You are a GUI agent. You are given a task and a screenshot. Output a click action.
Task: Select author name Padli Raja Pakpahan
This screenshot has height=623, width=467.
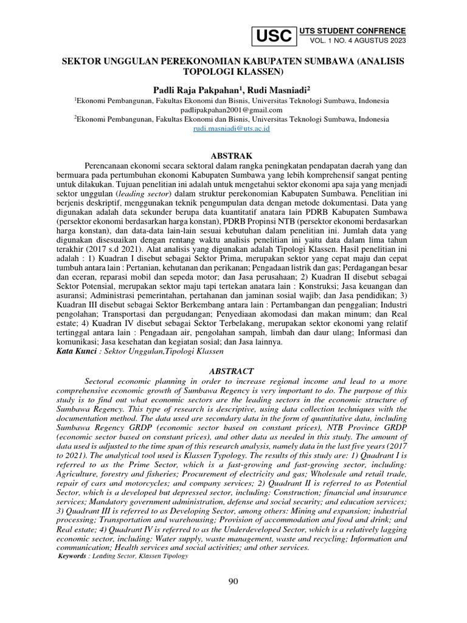pyautogui.click(x=190, y=89)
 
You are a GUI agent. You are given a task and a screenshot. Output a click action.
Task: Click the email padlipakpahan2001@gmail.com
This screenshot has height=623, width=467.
pyautogui.click(x=232, y=110)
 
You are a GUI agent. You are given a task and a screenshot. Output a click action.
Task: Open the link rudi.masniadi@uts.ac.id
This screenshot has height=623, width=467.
pyautogui.click(x=232, y=129)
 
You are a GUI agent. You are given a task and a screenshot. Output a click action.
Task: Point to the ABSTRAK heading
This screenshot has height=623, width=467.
pyautogui.click(x=232, y=156)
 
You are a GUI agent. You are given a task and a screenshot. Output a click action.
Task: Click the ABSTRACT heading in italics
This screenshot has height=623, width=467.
pyautogui.click(x=232, y=371)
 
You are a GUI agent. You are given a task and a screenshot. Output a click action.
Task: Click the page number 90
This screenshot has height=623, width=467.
pyautogui.click(x=233, y=582)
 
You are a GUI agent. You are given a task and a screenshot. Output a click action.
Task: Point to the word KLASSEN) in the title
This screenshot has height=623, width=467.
pyautogui.click(x=263, y=72)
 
